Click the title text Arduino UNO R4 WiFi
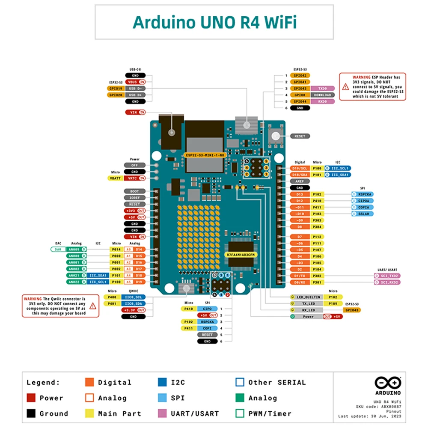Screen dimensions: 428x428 click(x=214, y=22)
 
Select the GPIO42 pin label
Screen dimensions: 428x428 click(x=300, y=75)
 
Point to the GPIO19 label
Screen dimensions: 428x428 click(x=115, y=88)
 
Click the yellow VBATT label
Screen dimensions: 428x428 click(x=115, y=178)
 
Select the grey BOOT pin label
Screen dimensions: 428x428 click(x=134, y=191)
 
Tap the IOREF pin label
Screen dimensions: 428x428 click(x=134, y=198)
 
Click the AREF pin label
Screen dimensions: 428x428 click(x=300, y=181)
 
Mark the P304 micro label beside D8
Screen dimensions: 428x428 click(x=317, y=226)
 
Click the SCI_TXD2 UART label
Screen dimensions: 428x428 click(x=387, y=276)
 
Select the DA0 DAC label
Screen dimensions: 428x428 click(x=58, y=249)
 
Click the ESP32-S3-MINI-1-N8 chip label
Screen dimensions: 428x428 click(x=204, y=155)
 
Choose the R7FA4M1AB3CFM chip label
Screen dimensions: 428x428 click(x=241, y=255)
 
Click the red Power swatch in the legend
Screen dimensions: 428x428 click(x=31, y=398)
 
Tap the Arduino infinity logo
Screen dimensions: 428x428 click(x=388, y=382)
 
